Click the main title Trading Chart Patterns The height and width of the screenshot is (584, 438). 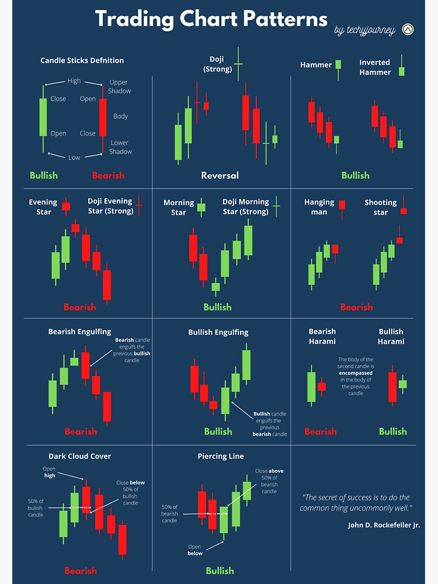pyautogui.click(x=211, y=19)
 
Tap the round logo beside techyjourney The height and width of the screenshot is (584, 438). pyautogui.click(x=408, y=29)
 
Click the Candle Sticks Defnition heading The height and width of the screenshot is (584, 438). pyautogui.click(x=82, y=60)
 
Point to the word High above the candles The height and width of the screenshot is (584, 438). pyautogui.click(x=74, y=81)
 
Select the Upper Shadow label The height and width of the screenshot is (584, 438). pyautogui.click(x=119, y=86)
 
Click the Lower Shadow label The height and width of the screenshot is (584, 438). pyautogui.click(x=120, y=147)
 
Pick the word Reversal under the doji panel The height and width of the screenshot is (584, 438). pyautogui.click(x=220, y=175)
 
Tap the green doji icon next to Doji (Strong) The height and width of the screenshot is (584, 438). pyautogui.click(x=238, y=63)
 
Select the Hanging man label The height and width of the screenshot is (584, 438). pyautogui.click(x=319, y=207)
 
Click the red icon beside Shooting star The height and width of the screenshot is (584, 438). pyautogui.click(x=403, y=206)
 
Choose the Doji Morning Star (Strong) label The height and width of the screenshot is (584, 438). pyautogui.click(x=245, y=206)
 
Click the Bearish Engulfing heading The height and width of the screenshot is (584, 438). pyautogui.click(x=79, y=332)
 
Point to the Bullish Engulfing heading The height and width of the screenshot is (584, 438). pyautogui.click(x=218, y=332)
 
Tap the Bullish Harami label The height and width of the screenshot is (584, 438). pyautogui.click(x=391, y=336)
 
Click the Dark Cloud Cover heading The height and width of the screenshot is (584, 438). pyautogui.click(x=79, y=456)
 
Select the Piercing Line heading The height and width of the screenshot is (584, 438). pyautogui.click(x=221, y=456)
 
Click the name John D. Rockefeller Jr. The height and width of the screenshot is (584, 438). pyautogui.click(x=384, y=525)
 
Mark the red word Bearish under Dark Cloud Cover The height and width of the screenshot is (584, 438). pyautogui.click(x=81, y=571)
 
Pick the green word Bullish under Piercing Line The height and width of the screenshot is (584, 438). pyautogui.click(x=219, y=571)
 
